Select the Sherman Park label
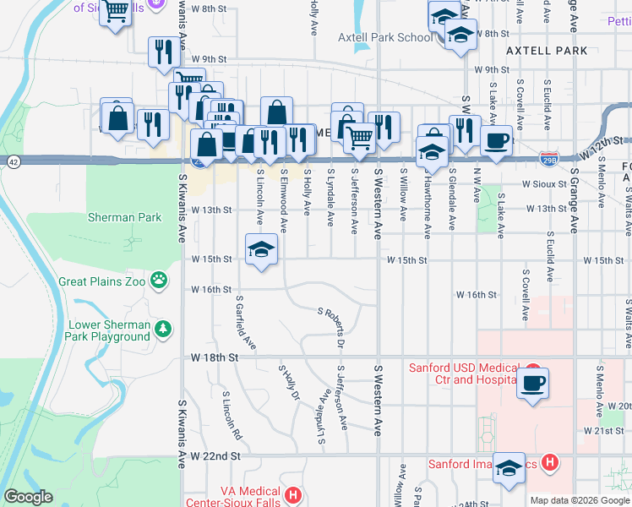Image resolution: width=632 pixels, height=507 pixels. [124, 217]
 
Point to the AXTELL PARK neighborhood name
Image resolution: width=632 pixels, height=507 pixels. [546, 51]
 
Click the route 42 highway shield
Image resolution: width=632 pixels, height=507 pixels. [13, 161]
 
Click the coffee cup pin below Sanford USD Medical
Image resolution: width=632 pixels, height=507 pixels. [532, 383]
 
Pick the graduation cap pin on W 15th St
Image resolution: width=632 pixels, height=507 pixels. [262, 249]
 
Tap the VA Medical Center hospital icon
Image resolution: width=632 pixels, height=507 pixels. [292, 494]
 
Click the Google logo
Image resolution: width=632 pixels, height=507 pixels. [28, 497]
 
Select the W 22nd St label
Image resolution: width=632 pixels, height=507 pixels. [216, 455]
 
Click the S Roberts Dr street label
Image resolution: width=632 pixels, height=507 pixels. [332, 329]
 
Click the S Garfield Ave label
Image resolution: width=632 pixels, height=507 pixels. [246, 322]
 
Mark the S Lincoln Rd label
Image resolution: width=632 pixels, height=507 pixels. [232, 416]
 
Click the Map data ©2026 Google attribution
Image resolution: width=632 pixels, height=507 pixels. [579, 500]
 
